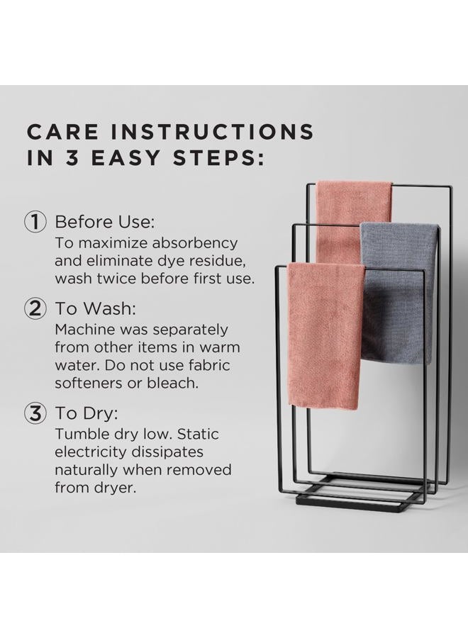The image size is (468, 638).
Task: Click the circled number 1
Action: coord(35,222)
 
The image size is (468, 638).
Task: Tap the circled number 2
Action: coord(35,308)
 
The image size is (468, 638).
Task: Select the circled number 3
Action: coord(35,413)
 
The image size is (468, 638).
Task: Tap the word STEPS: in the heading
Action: coord(218,158)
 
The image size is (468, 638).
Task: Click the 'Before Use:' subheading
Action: coord(104,222)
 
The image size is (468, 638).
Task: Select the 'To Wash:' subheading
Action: coord(95,308)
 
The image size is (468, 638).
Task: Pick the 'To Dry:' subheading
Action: coord(87,413)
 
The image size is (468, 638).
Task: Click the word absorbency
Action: coord(194,243)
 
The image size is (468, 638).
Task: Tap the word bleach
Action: coord(172,383)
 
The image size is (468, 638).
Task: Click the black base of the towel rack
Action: coord(358,494)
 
